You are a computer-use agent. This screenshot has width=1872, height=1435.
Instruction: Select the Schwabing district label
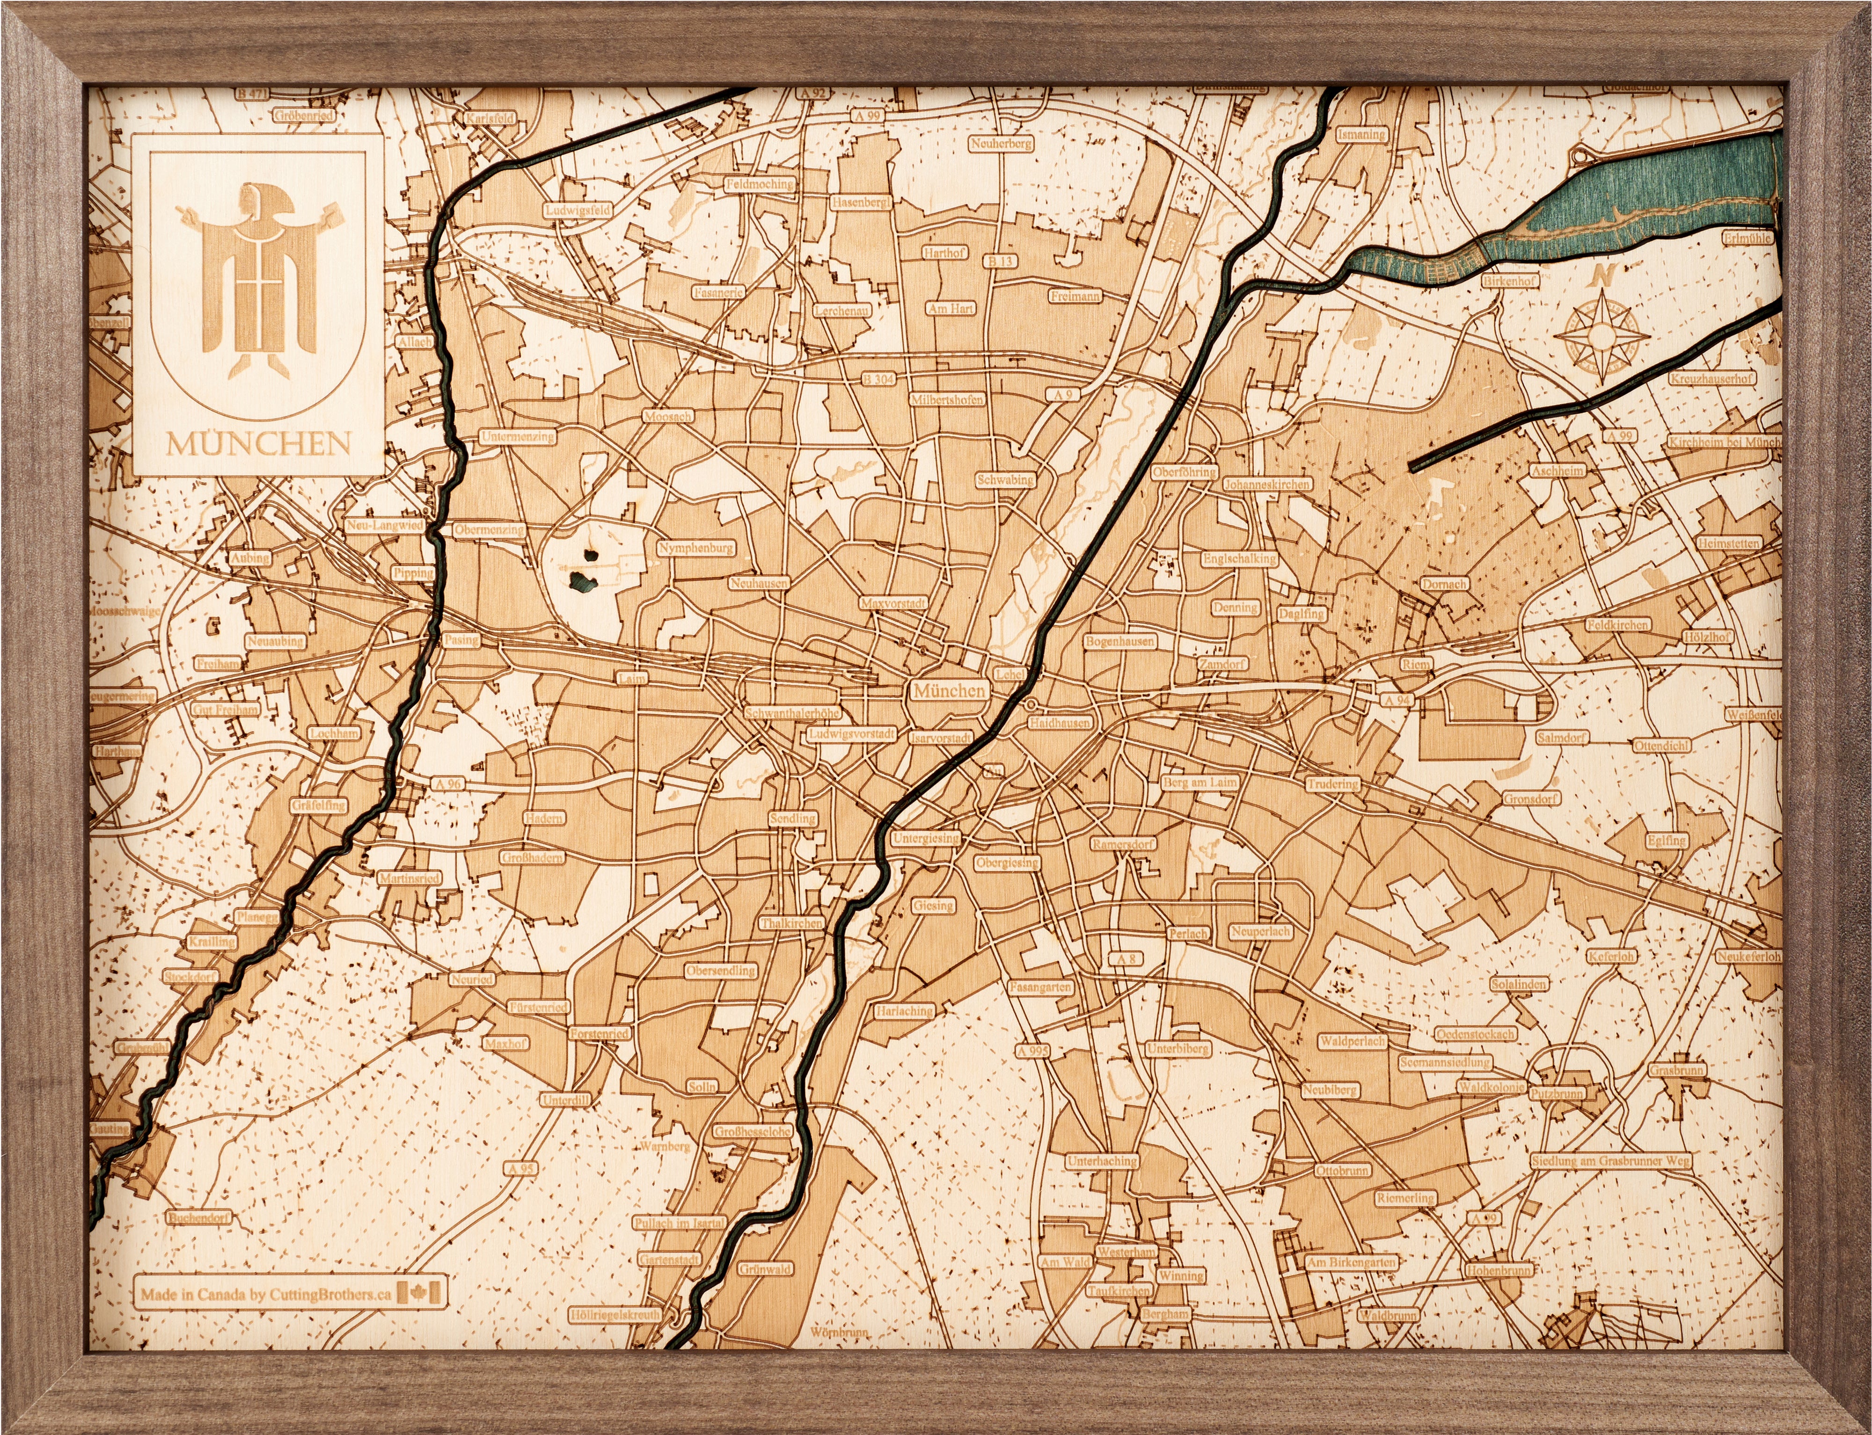pos(1005,480)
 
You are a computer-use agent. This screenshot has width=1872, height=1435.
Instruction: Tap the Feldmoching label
pos(759,184)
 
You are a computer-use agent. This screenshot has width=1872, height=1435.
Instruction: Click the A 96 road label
pos(446,783)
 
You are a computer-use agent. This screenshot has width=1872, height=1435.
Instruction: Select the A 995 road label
pos(1032,1050)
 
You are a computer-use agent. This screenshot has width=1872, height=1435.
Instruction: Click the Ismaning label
pos(1361,135)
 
